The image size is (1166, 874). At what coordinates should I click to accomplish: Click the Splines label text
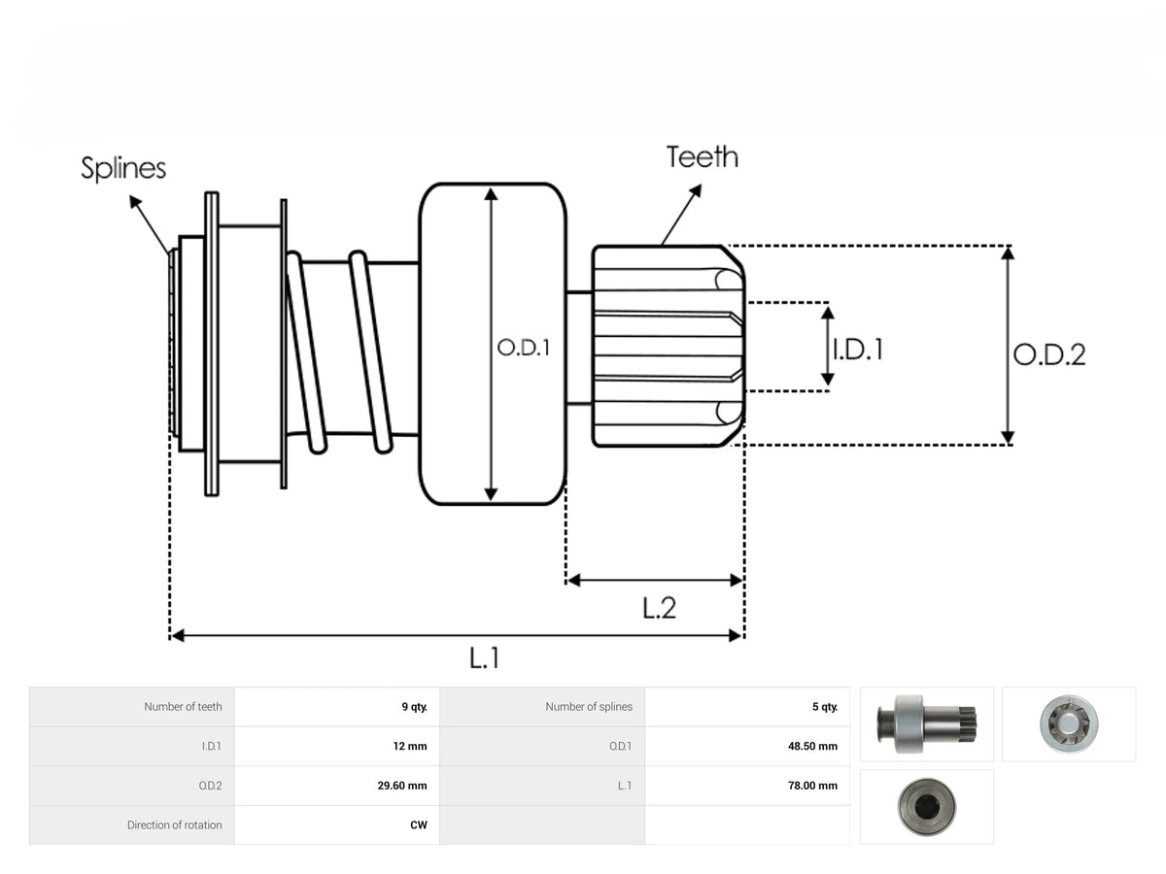tap(123, 168)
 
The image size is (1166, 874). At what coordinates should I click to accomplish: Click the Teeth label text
tap(702, 157)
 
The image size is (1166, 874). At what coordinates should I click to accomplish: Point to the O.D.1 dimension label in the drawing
tap(523, 348)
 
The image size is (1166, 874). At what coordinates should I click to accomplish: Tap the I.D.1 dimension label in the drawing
tap(858, 350)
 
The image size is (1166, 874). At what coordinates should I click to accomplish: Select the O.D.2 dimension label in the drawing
tap(1049, 354)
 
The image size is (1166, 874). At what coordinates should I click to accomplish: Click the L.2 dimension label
tap(659, 608)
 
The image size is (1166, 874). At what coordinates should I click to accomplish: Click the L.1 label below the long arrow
tap(484, 658)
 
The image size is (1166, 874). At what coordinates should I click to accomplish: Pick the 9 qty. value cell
tap(414, 706)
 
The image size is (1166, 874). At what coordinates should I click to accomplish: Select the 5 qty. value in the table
tap(824, 706)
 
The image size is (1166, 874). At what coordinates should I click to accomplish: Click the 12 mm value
tap(410, 746)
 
